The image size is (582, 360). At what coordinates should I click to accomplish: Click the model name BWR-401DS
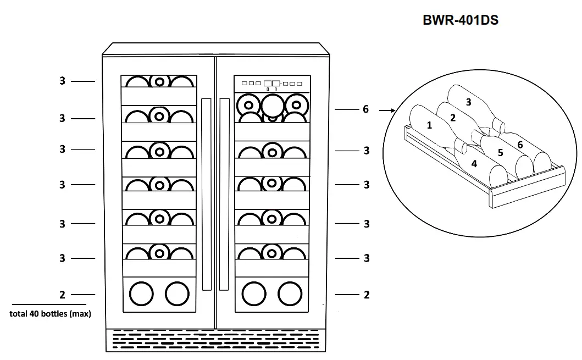click(461, 20)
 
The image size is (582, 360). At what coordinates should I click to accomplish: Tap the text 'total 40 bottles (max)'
click(50, 314)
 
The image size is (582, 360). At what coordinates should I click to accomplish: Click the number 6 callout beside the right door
click(365, 109)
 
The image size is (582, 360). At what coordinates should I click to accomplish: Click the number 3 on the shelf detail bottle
click(468, 102)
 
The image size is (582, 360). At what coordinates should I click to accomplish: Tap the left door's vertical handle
click(206, 194)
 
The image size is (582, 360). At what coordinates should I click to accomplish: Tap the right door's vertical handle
click(224, 194)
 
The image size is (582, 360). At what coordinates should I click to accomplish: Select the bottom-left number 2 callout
click(62, 295)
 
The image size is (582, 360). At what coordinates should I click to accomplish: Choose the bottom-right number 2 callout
click(367, 295)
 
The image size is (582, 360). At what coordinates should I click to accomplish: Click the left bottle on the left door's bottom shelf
click(140, 294)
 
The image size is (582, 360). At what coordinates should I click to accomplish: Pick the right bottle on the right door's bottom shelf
click(290, 294)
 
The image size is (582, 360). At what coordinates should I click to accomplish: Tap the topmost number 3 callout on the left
click(62, 81)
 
